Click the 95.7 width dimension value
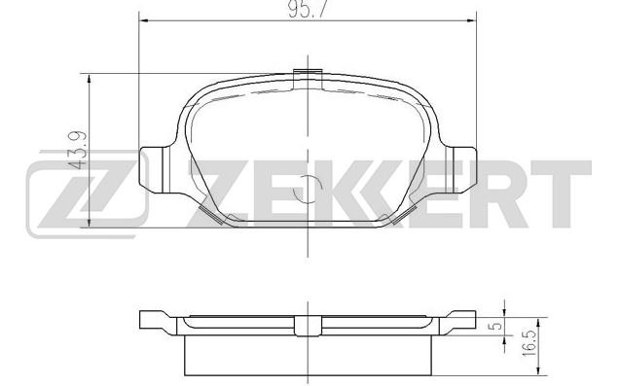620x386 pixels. [x=308, y=10]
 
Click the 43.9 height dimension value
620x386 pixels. [x=77, y=150]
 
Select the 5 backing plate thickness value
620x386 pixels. [x=497, y=327]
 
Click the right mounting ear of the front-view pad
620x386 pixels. [x=461, y=170]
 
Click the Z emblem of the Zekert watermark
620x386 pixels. [x=88, y=194]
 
